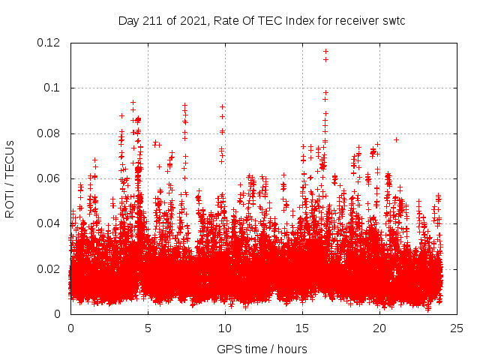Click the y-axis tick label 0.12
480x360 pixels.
coord(49,43)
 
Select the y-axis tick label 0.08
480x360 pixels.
coord(49,133)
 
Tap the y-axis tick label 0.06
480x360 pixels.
coord(49,178)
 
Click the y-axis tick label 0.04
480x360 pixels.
coord(49,223)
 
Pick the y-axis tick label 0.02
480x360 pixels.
coord(49,269)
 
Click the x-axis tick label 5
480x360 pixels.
coord(148,328)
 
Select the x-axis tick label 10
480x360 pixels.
coord(225,328)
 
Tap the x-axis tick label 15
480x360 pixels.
coord(302,328)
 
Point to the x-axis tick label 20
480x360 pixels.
coord(379,328)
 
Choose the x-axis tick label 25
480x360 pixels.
coord(457,328)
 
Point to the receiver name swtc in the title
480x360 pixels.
coord(393,20)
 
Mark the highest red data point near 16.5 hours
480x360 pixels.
coord(325,51)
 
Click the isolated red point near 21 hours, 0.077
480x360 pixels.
coord(396,139)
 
